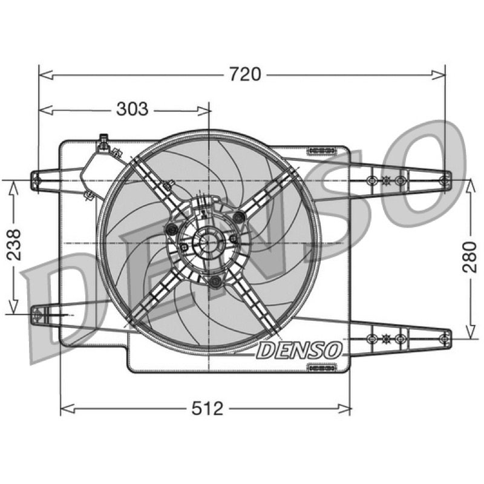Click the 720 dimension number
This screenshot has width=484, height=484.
[x=245, y=74]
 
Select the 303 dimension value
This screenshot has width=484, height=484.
[x=132, y=109]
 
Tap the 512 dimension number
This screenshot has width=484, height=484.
[x=207, y=408]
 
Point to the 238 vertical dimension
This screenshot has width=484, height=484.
[x=14, y=244]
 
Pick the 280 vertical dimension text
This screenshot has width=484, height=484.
[x=469, y=257]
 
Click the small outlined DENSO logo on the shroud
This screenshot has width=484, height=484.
[x=299, y=350]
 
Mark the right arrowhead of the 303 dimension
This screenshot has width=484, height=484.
[x=203, y=110]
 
